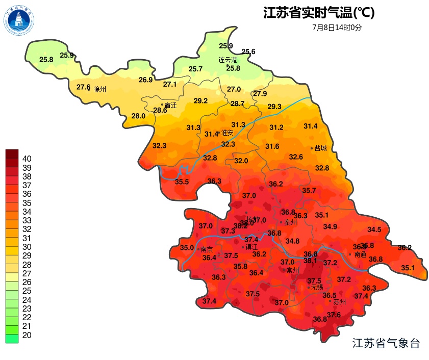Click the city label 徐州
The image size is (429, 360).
[x=100, y=89]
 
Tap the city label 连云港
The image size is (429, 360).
[x=228, y=60]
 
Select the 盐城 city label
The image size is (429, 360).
[x=320, y=148]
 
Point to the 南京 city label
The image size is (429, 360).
[x=207, y=250]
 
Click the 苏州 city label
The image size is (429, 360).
[x=339, y=302]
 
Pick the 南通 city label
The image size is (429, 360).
[x=360, y=254]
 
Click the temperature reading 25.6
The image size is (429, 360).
[x=248, y=52]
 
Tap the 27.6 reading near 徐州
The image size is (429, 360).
[x=83, y=87]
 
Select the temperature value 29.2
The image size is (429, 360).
[x=200, y=101]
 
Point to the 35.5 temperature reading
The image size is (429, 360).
[x=182, y=182]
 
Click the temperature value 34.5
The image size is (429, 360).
[x=374, y=230]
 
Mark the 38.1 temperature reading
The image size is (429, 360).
[x=310, y=261]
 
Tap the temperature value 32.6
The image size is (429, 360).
[x=296, y=157]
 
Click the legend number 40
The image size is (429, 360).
[x=27, y=159]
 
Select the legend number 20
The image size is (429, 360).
[x=27, y=335]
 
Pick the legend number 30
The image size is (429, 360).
[x=27, y=247]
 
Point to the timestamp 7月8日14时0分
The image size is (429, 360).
[x=337, y=28]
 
